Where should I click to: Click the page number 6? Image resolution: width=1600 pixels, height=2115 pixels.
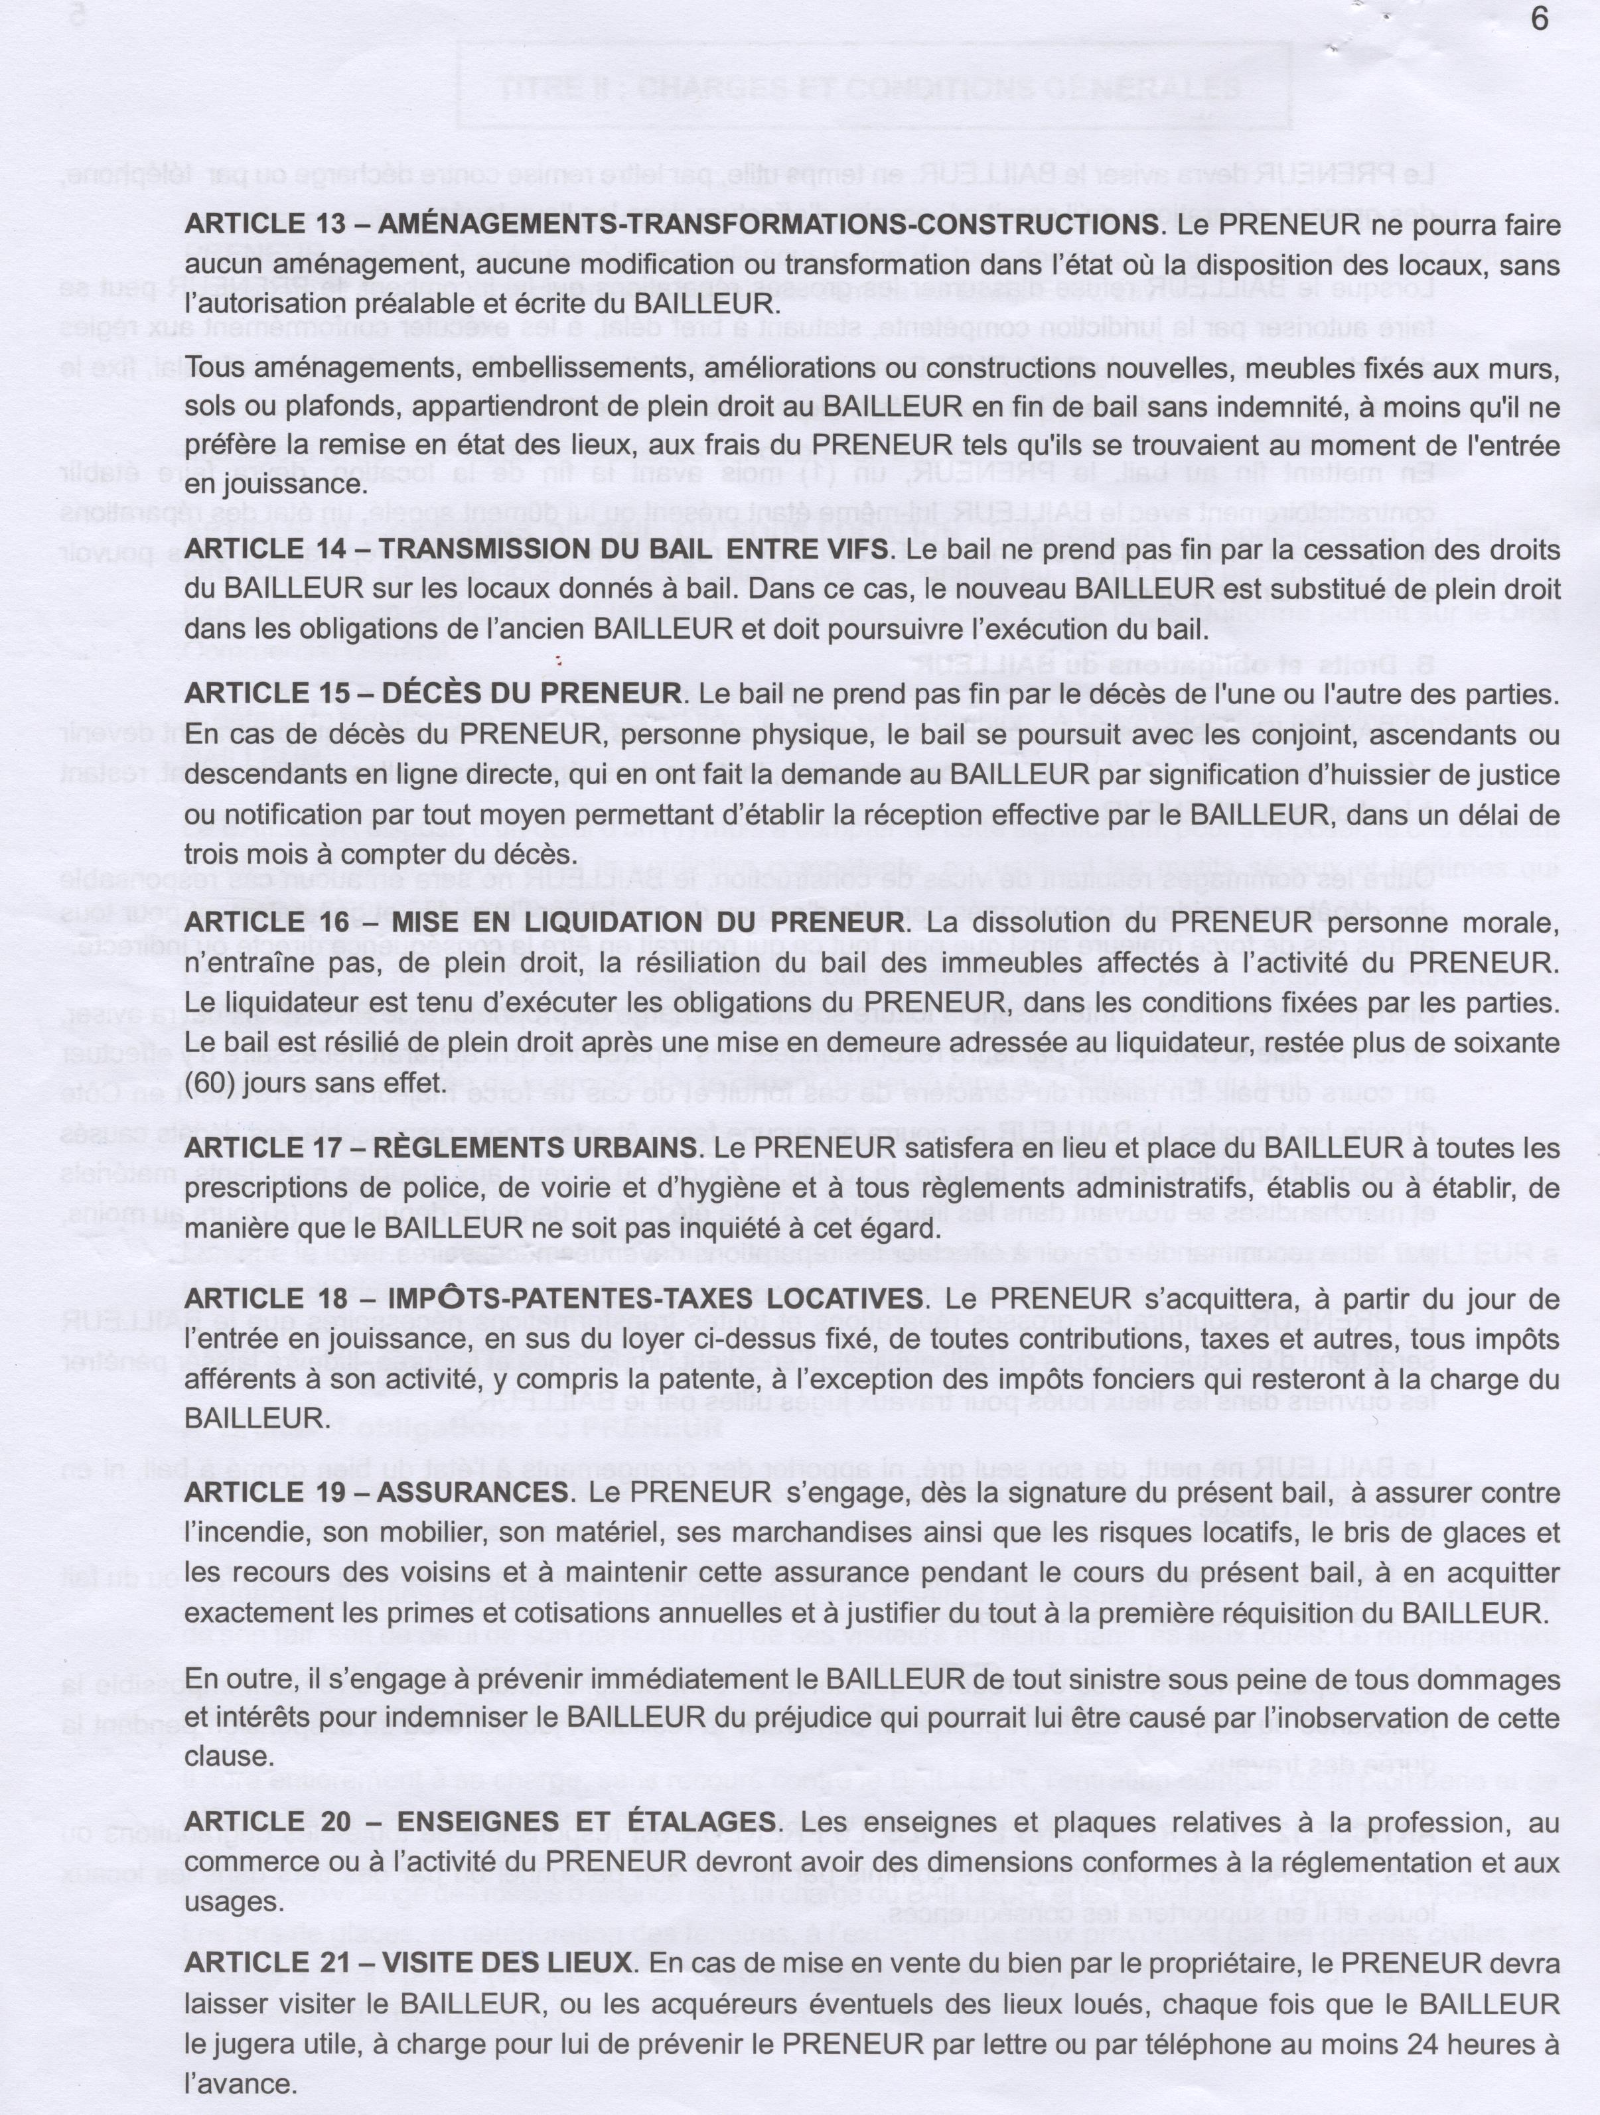pos(1539,20)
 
